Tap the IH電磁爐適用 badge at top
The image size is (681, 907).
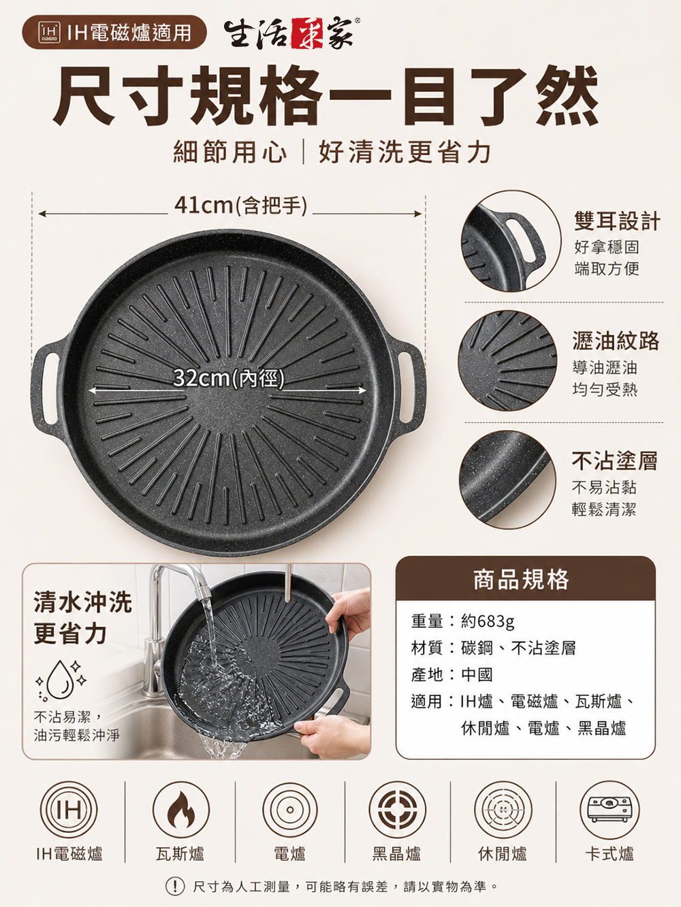click(x=114, y=33)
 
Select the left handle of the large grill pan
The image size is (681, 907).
click(x=46, y=389)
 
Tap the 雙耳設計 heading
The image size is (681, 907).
click(x=617, y=220)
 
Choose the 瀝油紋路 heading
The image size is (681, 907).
click(x=616, y=341)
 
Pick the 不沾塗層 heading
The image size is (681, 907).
click(x=614, y=461)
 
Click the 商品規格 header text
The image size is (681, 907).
click(x=522, y=579)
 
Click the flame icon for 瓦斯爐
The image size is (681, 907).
click(x=180, y=810)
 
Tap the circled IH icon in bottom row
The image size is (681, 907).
click(x=69, y=810)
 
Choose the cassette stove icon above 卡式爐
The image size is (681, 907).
click(x=609, y=810)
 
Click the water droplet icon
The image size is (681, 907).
click(x=61, y=680)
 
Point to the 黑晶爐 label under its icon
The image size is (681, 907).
click(x=396, y=854)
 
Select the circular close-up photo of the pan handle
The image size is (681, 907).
click(x=511, y=240)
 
